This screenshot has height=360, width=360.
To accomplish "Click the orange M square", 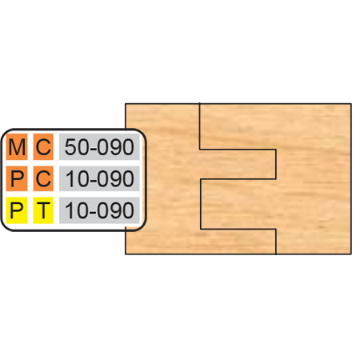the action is (x=17, y=147).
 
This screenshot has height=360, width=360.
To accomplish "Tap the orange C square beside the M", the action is (x=43, y=147).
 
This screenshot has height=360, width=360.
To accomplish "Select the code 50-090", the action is (x=99, y=147).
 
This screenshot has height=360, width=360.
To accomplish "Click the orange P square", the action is (x=17, y=178).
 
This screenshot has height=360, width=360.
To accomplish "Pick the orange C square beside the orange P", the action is (x=43, y=178).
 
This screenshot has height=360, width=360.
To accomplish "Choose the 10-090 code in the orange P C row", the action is (x=99, y=178).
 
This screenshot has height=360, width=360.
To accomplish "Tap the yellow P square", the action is (x=17, y=210).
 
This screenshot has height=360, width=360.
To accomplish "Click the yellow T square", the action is (x=43, y=210).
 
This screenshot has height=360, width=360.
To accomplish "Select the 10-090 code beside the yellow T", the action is (x=99, y=210).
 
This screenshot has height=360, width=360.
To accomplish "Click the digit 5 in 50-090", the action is (x=70, y=147).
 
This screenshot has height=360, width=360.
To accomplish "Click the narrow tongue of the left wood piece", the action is (x=238, y=164).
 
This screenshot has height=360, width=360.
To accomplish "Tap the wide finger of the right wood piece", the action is (x=238, y=204).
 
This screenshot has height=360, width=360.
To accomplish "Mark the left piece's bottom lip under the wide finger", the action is (x=201, y=242).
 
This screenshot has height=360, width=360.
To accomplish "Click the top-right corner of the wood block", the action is (x=351, y=104).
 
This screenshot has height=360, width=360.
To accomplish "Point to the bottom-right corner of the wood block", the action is (x=351, y=254).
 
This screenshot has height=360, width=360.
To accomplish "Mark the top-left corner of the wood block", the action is (x=126, y=104).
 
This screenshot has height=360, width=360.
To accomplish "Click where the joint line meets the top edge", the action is (x=200, y=103).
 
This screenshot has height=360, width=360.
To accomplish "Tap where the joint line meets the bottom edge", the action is (x=276, y=254).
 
